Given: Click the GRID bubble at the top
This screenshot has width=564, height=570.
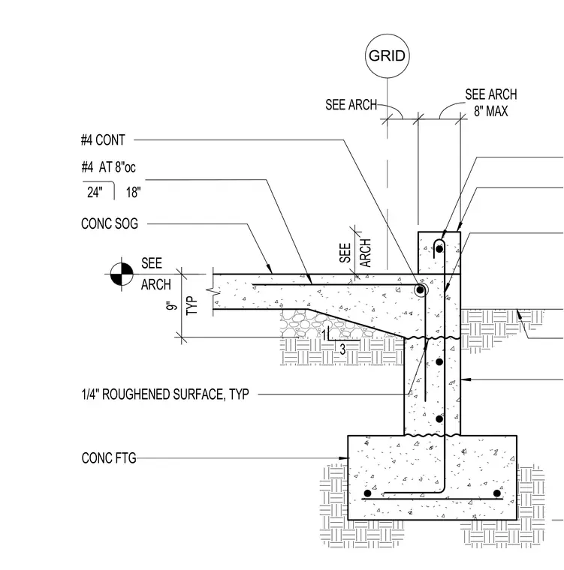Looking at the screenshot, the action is [x=387, y=55].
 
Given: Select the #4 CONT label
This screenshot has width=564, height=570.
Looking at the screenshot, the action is [x=103, y=140].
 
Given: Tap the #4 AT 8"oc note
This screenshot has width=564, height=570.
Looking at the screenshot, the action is [x=108, y=167].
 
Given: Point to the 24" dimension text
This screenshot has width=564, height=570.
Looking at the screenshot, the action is [x=95, y=192].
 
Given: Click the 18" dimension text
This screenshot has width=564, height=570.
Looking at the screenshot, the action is [x=133, y=192].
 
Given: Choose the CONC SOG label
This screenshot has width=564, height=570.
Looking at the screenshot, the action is [x=110, y=223].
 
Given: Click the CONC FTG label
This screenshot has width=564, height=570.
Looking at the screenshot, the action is [x=109, y=458].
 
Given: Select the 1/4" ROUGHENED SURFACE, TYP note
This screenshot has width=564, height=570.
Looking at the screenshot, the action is [x=165, y=394].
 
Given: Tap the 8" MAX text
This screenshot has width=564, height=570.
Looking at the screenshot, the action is [x=491, y=111].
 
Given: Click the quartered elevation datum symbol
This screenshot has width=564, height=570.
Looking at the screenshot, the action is [x=122, y=274].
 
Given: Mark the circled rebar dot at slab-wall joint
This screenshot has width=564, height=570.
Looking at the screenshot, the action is [x=420, y=290].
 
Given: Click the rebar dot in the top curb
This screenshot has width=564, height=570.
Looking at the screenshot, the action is [x=439, y=249].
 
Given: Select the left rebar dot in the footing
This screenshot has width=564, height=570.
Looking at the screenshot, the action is [x=368, y=493].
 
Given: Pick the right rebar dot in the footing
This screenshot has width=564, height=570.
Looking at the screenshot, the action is [x=497, y=493].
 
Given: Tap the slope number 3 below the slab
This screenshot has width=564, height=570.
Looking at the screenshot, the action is [x=342, y=349].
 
